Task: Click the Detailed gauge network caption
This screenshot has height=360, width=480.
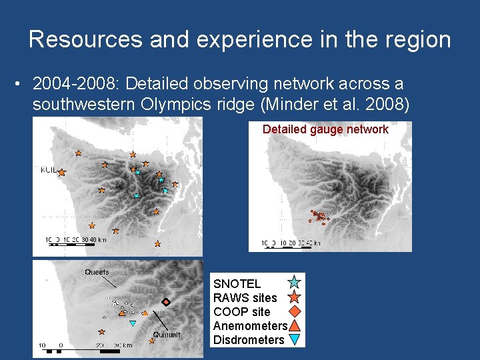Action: [x=325, y=129]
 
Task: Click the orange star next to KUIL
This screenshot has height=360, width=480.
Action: [x=62, y=172]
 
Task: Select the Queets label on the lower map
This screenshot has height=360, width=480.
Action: [x=97, y=272]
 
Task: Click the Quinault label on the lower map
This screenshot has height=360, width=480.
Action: [x=167, y=335]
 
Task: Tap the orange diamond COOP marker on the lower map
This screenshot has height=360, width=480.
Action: [x=166, y=302]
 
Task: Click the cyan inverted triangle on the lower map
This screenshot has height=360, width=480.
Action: [x=133, y=324]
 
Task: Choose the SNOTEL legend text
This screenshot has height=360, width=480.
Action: [x=237, y=284]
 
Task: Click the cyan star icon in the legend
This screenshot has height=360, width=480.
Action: [x=297, y=283]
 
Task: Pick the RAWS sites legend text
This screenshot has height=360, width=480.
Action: [x=245, y=298]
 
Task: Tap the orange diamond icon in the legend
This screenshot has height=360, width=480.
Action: [x=297, y=311]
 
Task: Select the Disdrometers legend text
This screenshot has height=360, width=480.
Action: [x=249, y=340]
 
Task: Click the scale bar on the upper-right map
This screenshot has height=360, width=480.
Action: [x=290, y=245]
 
